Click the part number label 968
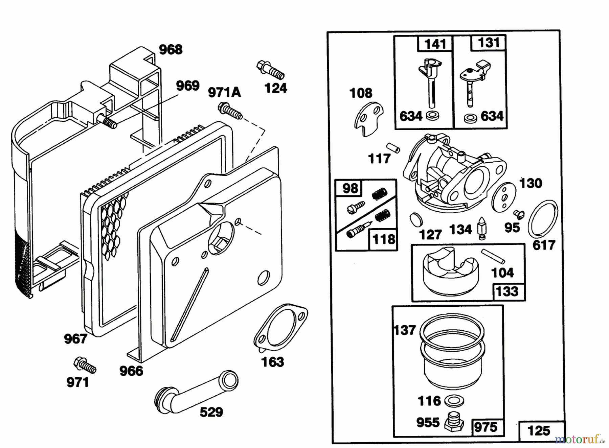tap(171, 50)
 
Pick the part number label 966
tap(131, 371)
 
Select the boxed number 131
tap(489, 43)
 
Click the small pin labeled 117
tap(393, 147)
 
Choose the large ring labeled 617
tap(543, 219)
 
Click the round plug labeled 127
tap(415, 220)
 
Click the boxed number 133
tap(507, 291)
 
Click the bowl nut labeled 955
tap(454, 422)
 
